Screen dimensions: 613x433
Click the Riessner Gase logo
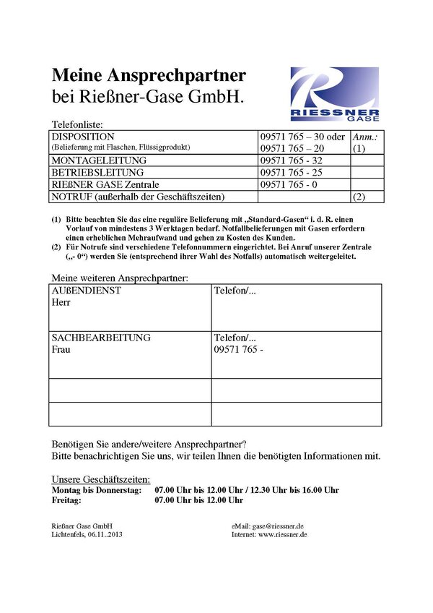(334, 93)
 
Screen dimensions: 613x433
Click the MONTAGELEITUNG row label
(99, 160)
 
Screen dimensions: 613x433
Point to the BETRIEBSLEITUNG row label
(97, 173)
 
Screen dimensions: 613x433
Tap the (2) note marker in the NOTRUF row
(359, 197)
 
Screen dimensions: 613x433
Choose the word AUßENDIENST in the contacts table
(86, 290)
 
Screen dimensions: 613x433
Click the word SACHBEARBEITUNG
(101, 338)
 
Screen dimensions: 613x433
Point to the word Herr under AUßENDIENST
(61, 302)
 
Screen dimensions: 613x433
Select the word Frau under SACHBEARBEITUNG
(62, 350)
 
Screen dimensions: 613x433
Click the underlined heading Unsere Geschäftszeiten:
(101, 479)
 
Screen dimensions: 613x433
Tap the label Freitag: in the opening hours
(67, 500)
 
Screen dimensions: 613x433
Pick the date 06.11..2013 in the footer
(108, 535)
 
